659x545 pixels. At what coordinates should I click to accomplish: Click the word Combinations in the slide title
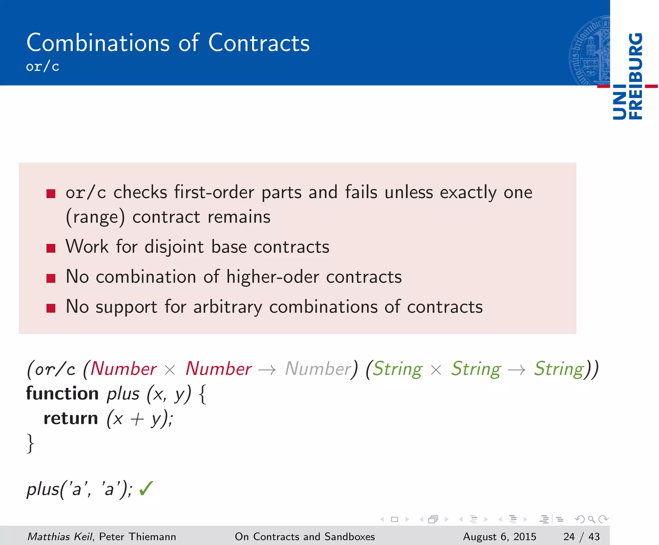click(98, 43)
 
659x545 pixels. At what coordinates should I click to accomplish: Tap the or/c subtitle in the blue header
click(42, 67)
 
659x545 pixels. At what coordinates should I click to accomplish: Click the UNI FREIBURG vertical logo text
click(627, 77)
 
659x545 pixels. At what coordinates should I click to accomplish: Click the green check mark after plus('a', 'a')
click(146, 489)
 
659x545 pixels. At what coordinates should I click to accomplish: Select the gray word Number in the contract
click(318, 368)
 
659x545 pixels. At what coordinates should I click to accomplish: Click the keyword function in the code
click(62, 394)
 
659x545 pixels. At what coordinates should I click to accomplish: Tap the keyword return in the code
click(71, 418)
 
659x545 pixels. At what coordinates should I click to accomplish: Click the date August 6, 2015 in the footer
click(499, 537)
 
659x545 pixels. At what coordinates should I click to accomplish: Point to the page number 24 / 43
click(581, 537)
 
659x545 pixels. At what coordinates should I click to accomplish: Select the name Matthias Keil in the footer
click(60, 537)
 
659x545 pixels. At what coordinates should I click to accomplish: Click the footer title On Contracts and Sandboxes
click(305, 537)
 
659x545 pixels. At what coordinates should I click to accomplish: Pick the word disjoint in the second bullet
click(174, 247)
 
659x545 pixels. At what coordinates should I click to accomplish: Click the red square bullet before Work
click(51, 248)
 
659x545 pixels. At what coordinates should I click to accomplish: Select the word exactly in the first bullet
click(468, 193)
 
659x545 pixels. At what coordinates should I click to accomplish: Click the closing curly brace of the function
click(30, 443)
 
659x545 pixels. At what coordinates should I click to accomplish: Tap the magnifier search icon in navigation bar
click(591, 519)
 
